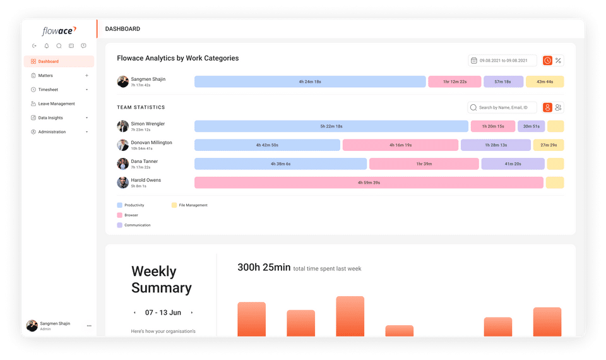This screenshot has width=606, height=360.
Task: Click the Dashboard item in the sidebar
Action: tap(58, 61)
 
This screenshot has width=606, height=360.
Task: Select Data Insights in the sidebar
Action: tap(50, 117)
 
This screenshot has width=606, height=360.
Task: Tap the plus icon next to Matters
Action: tap(86, 75)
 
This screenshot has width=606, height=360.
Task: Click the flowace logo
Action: tap(59, 30)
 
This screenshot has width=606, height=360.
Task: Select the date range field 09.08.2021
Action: tap(502, 61)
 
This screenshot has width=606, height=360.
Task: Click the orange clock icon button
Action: tap(547, 61)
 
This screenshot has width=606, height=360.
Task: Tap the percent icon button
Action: tap(558, 61)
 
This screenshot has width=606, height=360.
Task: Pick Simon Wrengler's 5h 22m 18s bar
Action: tap(331, 126)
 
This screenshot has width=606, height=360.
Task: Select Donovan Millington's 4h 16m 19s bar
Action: tap(400, 145)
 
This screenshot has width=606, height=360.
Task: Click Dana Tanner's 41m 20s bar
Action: tap(513, 164)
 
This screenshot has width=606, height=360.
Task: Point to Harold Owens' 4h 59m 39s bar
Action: tap(369, 183)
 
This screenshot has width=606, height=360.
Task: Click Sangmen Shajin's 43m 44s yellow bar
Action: tap(545, 81)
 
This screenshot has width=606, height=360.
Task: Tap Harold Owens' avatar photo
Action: tap(122, 183)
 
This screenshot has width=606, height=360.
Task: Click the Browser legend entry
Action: tap(131, 215)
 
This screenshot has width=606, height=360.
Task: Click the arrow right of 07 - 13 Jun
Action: tap(192, 313)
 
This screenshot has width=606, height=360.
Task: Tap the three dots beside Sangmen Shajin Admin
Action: tap(89, 326)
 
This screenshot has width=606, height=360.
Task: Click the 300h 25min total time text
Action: tap(264, 268)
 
